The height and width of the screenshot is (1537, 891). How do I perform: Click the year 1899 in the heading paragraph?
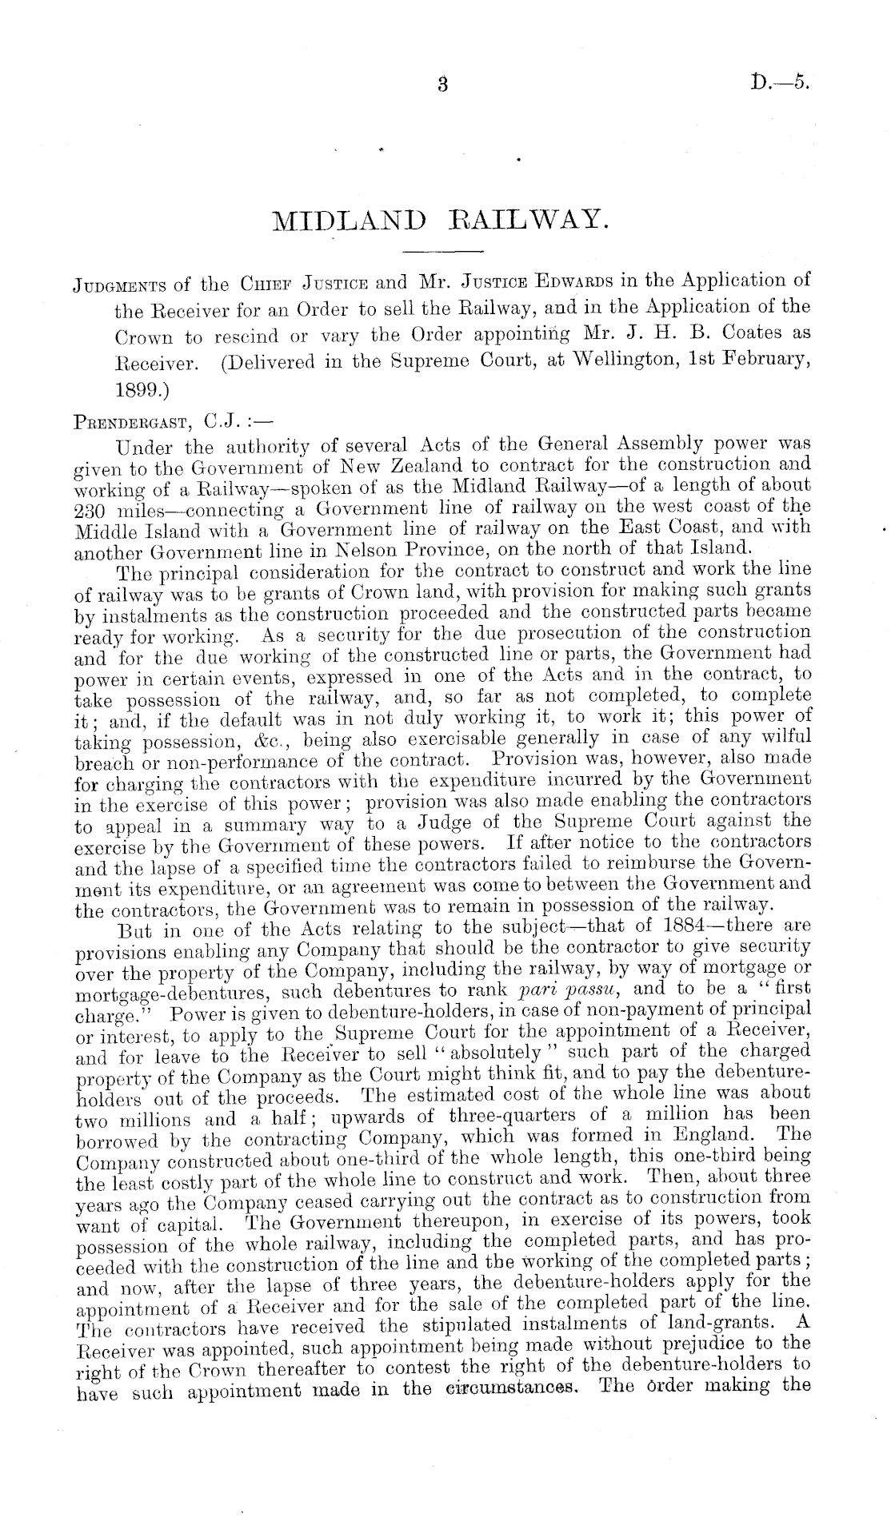coord(138,388)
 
